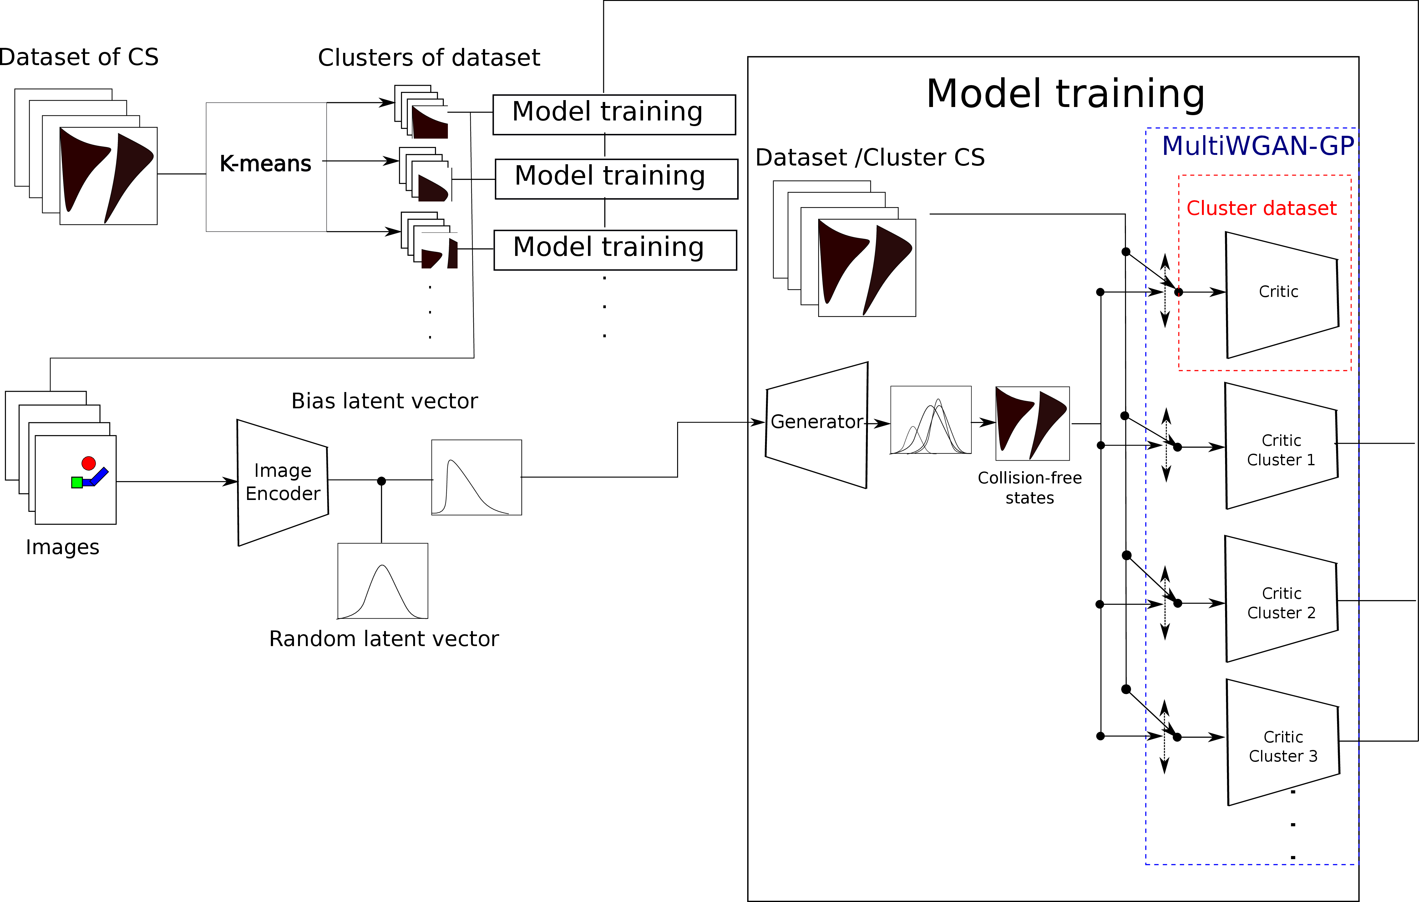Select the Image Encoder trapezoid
(283, 482)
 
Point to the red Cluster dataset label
(1261, 208)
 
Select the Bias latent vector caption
(384, 401)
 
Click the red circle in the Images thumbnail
(89, 463)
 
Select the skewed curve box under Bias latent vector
(477, 477)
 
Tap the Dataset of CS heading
(79, 57)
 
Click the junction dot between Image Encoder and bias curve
(381, 481)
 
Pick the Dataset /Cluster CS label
(870, 157)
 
